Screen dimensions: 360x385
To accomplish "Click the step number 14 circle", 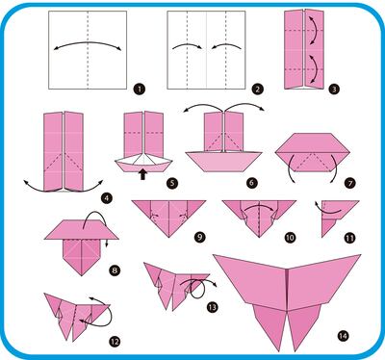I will click(341, 335).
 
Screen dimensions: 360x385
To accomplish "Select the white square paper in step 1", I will click(87, 50).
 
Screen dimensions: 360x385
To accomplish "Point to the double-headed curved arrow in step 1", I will click(87, 43).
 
